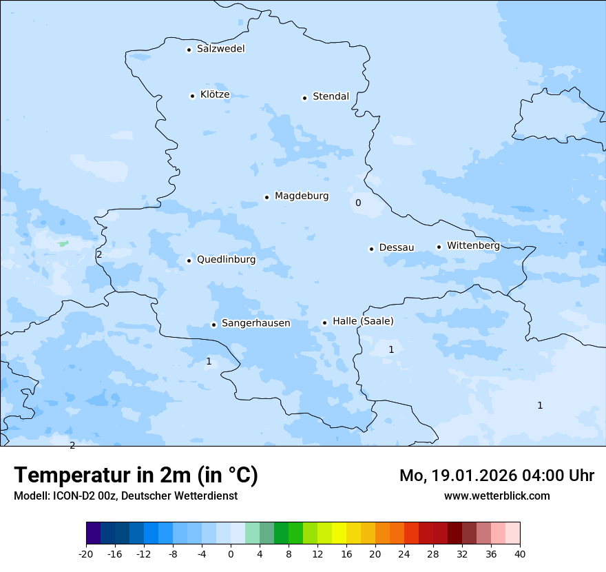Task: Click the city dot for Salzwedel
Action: coord(189,50)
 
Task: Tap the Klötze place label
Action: coord(215,94)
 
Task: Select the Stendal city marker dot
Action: coord(304,98)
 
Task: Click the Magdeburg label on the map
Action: coord(302,196)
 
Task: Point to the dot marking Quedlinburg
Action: coord(189,261)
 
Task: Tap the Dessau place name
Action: coord(397,247)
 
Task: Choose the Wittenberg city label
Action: coord(473,245)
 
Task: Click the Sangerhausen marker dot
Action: coord(213,325)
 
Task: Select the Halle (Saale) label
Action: coord(363,321)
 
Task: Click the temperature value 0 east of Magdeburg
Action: coord(358,203)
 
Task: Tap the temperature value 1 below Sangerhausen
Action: coord(209,361)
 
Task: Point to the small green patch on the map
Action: coord(63,243)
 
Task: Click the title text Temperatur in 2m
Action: coord(136,476)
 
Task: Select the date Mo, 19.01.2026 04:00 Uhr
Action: coord(497,476)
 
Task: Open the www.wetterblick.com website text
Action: coord(497,496)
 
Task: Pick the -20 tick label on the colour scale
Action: coord(86,554)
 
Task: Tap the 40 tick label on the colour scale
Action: coord(520,554)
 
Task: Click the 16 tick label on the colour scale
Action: coord(346,554)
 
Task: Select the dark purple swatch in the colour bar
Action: coord(93,533)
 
